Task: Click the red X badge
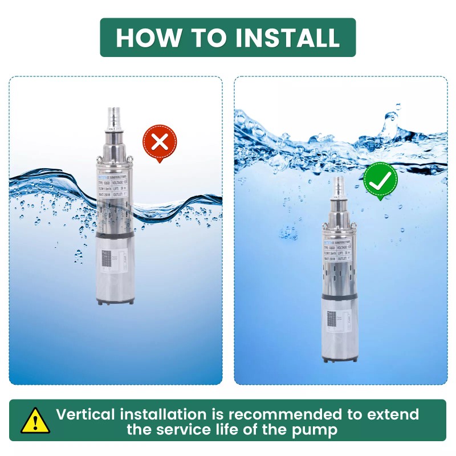click(160, 142)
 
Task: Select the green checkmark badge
click(380, 181)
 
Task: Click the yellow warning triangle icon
click(35, 421)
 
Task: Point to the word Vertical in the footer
click(89, 414)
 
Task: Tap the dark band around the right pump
click(341, 296)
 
